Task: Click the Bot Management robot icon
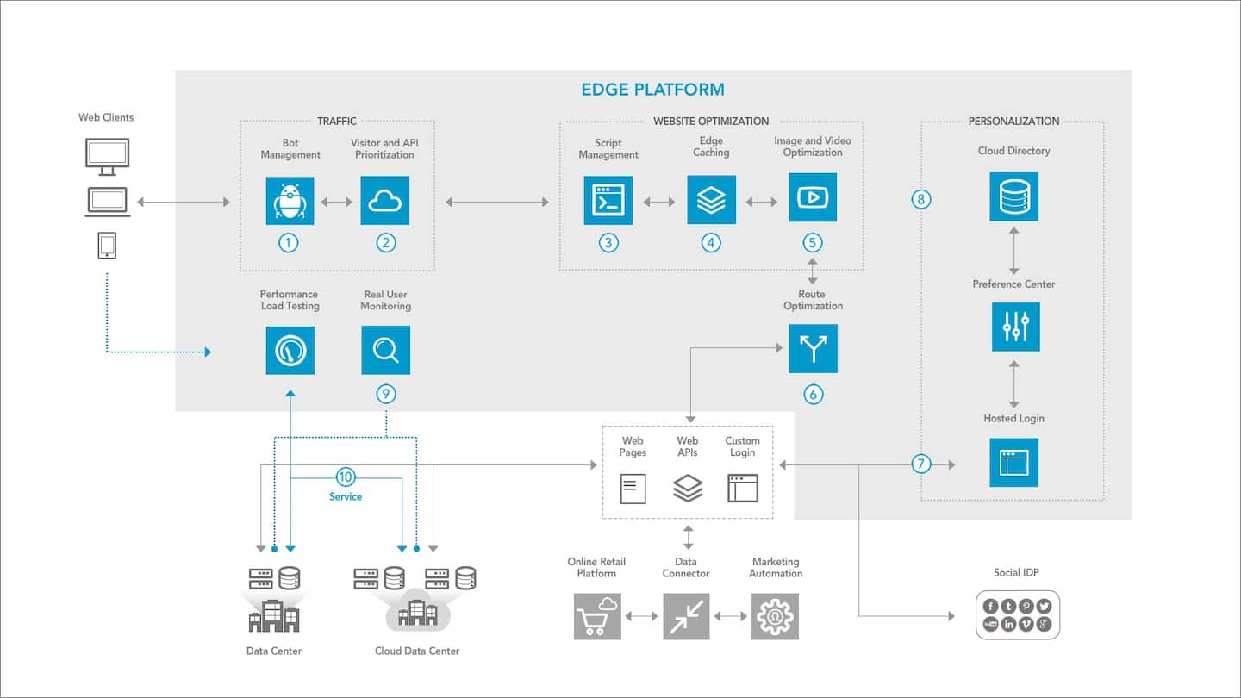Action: click(x=290, y=201)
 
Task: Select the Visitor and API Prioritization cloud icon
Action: click(x=385, y=201)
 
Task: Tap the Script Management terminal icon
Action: click(x=608, y=201)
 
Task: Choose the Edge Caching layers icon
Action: click(x=711, y=200)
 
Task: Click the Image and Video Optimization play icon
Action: click(x=812, y=199)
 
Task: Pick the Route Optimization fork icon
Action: click(x=813, y=349)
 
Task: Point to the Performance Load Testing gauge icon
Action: click(x=290, y=350)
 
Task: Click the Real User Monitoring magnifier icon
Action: click(x=385, y=350)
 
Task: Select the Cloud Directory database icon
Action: click(x=1014, y=196)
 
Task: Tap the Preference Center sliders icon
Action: click(x=1015, y=327)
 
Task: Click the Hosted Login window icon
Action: click(x=1014, y=463)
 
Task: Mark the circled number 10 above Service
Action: click(x=346, y=477)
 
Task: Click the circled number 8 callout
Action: click(x=921, y=200)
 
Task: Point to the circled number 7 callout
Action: click(x=922, y=464)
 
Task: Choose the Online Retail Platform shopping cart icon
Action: click(x=597, y=616)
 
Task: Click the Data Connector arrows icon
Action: click(x=686, y=616)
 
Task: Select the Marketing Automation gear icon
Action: click(x=775, y=616)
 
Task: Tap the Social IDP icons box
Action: click(x=1017, y=615)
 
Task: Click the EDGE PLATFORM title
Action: click(x=652, y=90)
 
